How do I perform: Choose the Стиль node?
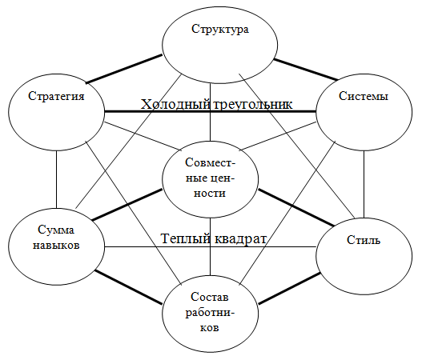365,240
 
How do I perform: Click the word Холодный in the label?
176,105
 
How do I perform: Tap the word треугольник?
252,105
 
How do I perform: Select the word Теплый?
187,238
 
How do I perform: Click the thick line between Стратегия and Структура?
124,68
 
